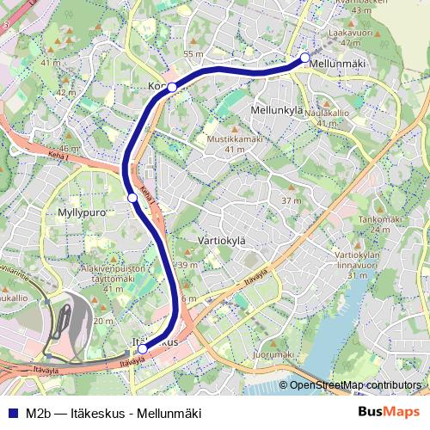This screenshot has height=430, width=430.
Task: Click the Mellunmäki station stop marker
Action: tap(304, 58)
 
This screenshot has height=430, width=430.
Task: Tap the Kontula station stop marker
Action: tap(172, 87)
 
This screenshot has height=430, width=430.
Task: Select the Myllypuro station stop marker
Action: tap(132, 198)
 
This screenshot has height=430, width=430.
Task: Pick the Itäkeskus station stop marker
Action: tap(142, 348)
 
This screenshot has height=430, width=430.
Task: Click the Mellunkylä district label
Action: tap(277, 111)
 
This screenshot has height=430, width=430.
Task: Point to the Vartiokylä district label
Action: tap(222, 241)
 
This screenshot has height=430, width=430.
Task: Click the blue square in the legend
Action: tap(12, 412)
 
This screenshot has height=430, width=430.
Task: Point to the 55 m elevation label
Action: tap(193, 54)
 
